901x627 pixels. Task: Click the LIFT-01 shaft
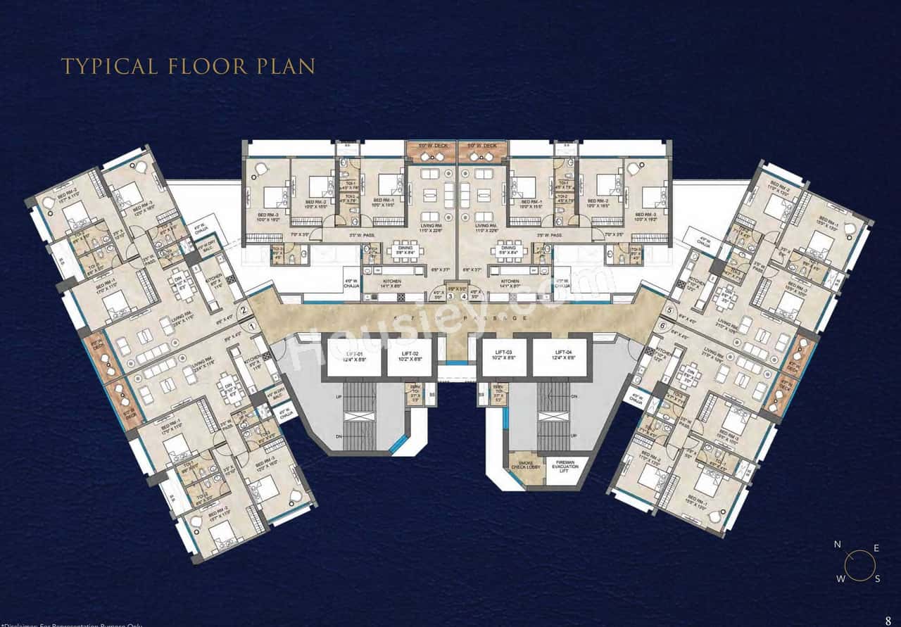[354, 357]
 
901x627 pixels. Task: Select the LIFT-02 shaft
[412, 357]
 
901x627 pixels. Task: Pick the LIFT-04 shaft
[560, 357]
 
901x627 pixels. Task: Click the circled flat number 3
[450, 296]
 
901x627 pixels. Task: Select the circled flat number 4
[464, 296]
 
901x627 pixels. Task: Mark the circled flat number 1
[251, 326]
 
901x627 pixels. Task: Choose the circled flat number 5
[669, 310]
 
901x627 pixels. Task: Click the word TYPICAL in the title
[109, 66]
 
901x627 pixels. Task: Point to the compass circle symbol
[859, 564]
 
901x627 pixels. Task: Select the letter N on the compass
[837, 544]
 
